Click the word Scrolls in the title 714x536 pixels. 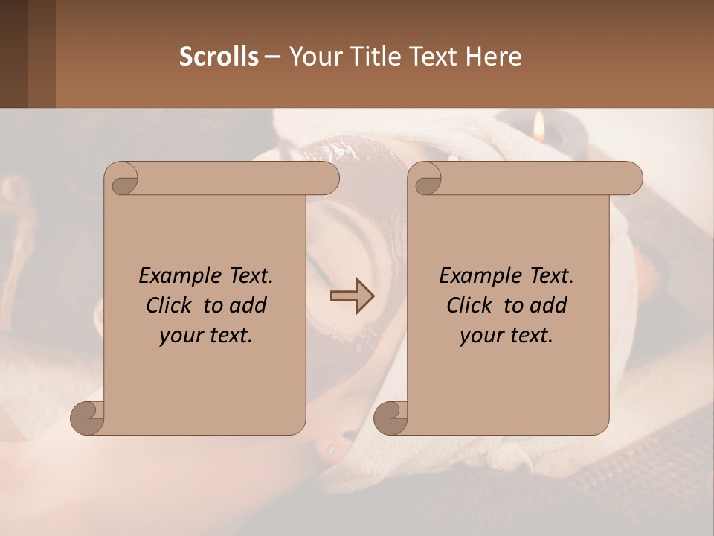click(219, 57)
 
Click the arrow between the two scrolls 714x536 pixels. click(352, 296)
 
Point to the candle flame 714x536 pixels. click(540, 127)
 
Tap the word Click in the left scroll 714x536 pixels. click(170, 305)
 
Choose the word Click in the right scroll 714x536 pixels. click(470, 305)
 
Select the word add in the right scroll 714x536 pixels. click(549, 305)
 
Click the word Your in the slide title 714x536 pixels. click(313, 57)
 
